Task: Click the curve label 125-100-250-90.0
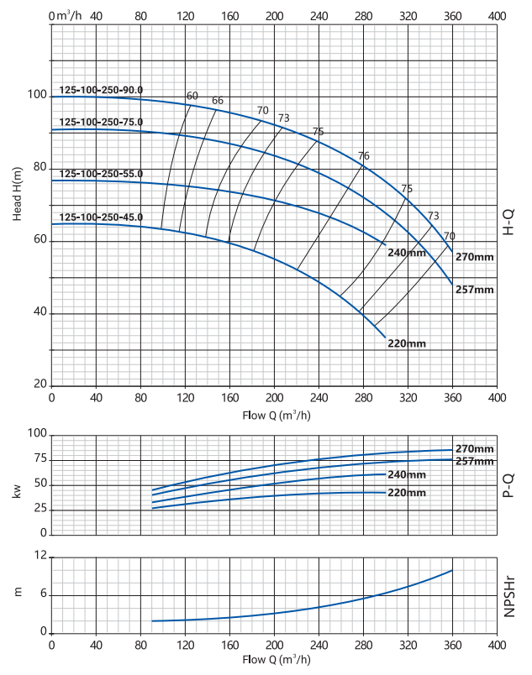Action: click(102, 90)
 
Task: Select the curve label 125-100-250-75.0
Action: click(102, 122)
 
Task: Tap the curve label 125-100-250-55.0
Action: click(102, 174)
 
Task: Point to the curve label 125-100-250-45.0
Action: click(102, 217)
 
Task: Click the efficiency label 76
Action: click(364, 156)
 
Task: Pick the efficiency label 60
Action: click(192, 96)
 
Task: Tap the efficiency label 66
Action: click(218, 101)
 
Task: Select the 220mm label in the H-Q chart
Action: click(407, 343)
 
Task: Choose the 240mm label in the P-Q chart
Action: click(407, 475)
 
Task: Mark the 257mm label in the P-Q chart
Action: click(475, 461)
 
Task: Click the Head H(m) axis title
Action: click(17, 194)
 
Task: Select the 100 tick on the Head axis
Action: click(37, 95)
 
